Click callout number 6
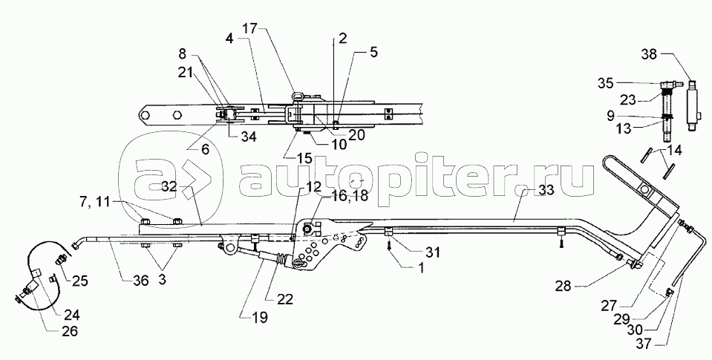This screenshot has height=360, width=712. click(x=204, y=148)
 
